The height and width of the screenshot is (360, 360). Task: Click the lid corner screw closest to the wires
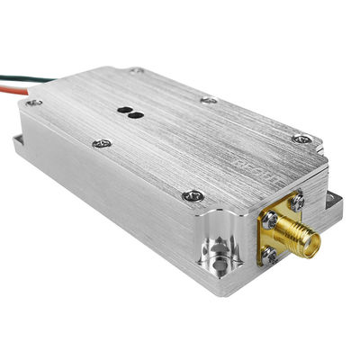click(x=33, y=103)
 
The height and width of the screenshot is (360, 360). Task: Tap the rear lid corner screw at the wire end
click(x=136, y=70)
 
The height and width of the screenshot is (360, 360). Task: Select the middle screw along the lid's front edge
click(x=103, y=143)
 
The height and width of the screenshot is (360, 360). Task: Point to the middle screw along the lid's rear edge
click(x=208, y=99)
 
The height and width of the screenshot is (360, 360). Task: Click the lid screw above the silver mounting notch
click(x=192, y=194)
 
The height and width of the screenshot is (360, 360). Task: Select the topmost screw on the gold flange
click(x=295, y=204)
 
